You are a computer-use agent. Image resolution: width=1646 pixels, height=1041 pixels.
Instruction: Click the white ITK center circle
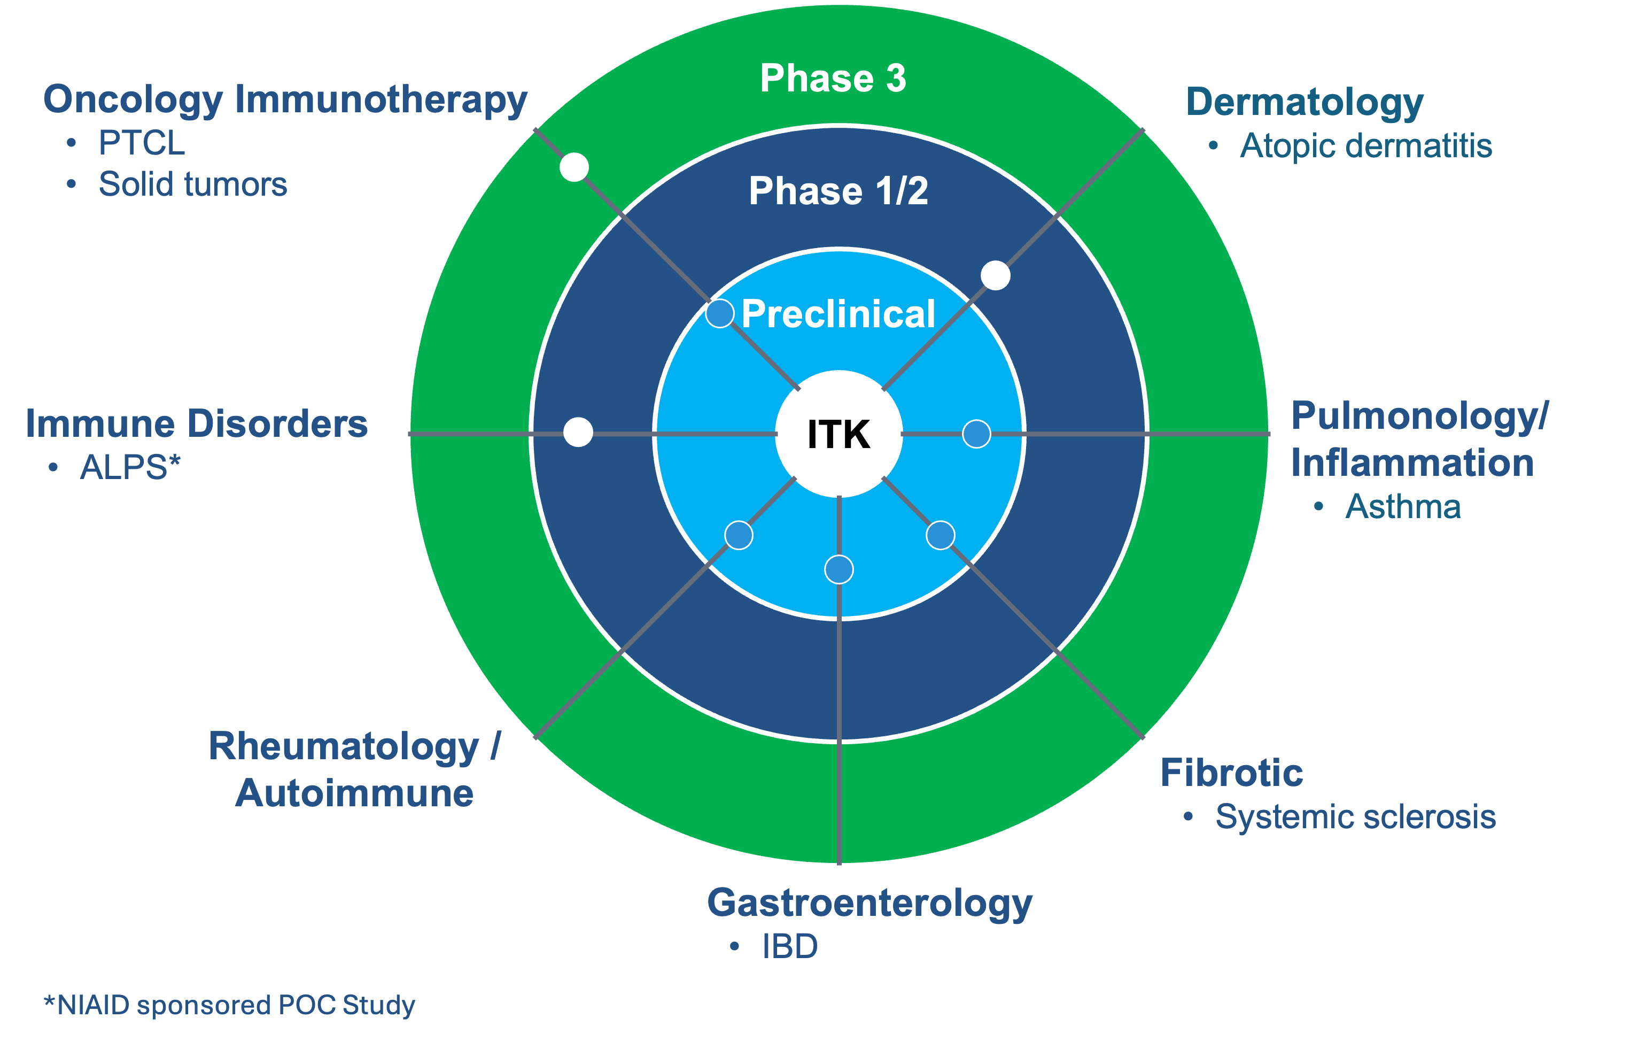(838, 434)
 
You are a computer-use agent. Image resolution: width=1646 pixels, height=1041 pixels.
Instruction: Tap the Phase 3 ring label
(833, 78)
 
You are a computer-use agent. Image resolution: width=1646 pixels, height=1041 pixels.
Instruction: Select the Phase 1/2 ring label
(838, 191)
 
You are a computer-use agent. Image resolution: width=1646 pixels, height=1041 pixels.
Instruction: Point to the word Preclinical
(838, 314)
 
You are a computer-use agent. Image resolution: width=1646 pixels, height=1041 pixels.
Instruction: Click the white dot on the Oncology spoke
(574, 167)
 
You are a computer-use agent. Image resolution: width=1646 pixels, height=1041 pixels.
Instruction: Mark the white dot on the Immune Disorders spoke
(578, 432)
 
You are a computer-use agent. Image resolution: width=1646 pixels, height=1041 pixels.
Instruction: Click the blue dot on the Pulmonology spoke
(976, 434)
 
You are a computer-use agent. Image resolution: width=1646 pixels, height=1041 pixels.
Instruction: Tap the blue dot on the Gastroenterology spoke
(838, 569)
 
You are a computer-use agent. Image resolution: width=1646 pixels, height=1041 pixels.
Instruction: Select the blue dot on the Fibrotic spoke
(941, 535)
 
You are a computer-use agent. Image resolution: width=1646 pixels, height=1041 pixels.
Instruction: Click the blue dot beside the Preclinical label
(720, 313)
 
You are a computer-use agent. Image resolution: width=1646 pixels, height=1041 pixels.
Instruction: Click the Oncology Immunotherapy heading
(285, 100)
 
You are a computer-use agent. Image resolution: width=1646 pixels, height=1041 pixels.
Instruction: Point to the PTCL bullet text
(142, 143)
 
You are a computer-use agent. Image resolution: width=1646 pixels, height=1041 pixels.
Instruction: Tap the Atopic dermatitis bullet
(1365, 145)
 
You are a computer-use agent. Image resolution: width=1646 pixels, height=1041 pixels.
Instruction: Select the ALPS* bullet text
(130, 468)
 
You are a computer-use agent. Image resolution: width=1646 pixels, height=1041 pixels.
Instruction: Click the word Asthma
(1403, 507)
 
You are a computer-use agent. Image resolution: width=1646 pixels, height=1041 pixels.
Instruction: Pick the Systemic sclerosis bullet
(1355, 816)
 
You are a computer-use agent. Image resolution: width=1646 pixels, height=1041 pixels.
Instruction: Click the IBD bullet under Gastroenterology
(789, 946)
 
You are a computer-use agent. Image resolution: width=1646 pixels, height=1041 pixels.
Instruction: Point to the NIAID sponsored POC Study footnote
(230, 1005)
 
